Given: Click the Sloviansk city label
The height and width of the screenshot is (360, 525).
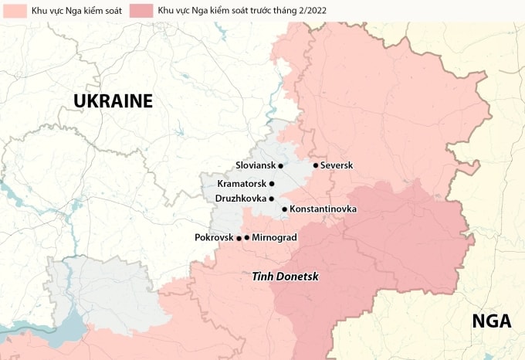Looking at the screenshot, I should (256, 165).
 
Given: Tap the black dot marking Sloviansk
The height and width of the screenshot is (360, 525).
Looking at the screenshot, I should (281, 165).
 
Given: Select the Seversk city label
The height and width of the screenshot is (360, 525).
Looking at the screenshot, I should (336, 165).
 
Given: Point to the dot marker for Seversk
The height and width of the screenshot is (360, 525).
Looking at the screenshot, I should (315, 165).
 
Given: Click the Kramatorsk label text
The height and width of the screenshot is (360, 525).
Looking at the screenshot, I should (242, 184).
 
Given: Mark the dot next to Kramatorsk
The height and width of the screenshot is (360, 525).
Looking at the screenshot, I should (272, 184).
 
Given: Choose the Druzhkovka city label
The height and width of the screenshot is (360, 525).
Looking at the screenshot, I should (241, 199).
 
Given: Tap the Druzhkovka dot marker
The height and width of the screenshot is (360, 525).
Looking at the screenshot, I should (272, 199).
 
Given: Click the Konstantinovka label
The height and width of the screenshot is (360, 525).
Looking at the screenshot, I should (323, 209).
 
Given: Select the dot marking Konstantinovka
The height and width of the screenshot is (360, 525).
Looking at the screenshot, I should (284, 209).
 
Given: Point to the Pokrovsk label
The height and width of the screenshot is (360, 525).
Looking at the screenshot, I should (214, 237).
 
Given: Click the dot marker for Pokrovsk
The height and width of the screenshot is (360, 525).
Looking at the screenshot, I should (239, 237).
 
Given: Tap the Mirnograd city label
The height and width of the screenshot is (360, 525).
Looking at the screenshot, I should (274, 237).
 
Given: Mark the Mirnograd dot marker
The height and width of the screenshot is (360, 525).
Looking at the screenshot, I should (247, 237).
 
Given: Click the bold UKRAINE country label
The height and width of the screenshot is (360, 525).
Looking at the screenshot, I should (113, 101).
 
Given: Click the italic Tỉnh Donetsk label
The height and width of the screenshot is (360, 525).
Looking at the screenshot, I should (285, 276).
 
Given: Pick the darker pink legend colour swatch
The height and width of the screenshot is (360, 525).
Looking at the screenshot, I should (141, 11).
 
